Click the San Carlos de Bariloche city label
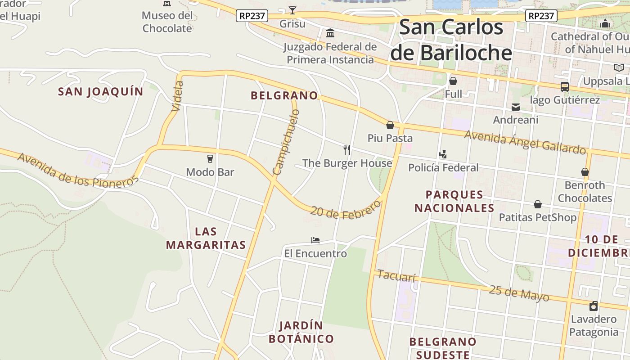click(x=451, y=40)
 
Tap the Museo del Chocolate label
click(x=167, y=22)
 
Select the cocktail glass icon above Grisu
click(x=292, y=10)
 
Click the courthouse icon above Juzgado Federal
click(x=330, y=33)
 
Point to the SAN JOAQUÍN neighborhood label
click(x=101, y=92)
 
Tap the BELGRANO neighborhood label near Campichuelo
click(x=284, y=95)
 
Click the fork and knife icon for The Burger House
click(x=347, y=149)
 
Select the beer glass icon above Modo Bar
click(x=210, y=158)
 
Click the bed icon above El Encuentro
click(x=315, y=240)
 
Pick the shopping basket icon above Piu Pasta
click(x=390, y=125)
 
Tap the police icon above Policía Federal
click(x=443, y=154)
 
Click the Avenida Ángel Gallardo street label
click(x=525, y=142)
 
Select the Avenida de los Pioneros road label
click(x=77, y=171)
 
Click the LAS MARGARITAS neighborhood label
click(x=206, y=238)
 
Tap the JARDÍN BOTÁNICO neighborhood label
click(x=301, y=332)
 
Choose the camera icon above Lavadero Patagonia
click(x=594, y=306)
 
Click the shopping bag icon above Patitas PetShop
click(x=538, y=204)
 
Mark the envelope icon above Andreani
click(x=515, y=107)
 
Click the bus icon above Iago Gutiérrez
click(x=564, y=86)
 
